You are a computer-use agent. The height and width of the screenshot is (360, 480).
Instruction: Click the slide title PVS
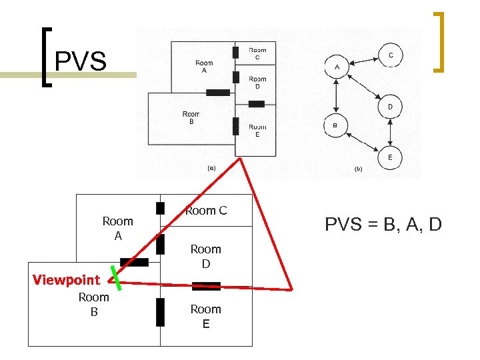tap(80, 61)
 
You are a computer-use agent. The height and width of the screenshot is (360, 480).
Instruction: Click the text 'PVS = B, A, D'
tap(383, 225)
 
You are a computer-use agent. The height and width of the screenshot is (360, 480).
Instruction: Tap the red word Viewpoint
tap(66, 280)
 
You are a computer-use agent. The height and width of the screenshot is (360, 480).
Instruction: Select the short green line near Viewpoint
tap(117, 279)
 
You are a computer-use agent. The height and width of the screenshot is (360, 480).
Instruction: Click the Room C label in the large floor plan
tap(206, 211)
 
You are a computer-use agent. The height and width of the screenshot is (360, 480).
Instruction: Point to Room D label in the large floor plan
tap(205, 256)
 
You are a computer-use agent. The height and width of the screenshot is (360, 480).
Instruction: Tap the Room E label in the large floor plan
tap(205, 316)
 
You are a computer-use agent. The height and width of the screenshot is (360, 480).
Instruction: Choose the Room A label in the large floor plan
tap(117, 228)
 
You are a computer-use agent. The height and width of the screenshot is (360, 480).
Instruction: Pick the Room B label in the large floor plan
tap(93, 304)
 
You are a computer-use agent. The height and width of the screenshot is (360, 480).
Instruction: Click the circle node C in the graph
tap(390, 56)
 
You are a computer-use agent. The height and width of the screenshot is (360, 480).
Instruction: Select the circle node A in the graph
tap(337, 67)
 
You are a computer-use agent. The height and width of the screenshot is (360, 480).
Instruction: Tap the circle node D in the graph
tap(390, 107)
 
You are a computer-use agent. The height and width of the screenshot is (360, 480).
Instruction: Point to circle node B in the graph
tap(335, 125)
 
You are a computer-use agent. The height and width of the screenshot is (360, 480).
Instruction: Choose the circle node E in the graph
tap(390, 158)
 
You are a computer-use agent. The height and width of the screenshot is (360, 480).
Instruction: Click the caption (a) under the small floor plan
tap(212, 169)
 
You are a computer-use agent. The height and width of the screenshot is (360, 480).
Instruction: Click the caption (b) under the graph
tap(358, 169)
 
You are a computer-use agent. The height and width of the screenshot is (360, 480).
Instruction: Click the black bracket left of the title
tap(45, 57)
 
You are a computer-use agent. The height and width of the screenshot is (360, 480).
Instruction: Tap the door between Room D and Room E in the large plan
tap(206, 287)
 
